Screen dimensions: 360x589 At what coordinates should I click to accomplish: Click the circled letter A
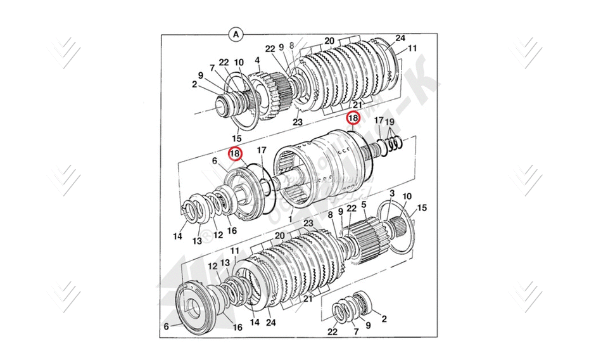[x=236, y=34]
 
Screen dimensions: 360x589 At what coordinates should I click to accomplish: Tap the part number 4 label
[x=258, y=61]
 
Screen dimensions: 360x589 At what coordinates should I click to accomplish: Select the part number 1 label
[x=290, y=219]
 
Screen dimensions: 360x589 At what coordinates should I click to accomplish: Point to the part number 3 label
[x=392, y=193]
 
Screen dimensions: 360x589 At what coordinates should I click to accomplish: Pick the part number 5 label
[x=364, y=205]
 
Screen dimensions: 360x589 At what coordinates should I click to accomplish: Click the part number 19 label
[x=390, y=122]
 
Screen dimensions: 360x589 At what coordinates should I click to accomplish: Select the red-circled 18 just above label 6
[x=235, y=153]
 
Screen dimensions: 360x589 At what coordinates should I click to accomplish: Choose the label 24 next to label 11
[x=400, y=38]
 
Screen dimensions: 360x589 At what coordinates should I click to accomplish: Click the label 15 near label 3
[x=422, y=207]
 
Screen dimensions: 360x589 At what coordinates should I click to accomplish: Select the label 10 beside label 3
[x=407, y=197]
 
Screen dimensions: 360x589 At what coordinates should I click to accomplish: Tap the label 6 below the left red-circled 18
[x=215, y=162]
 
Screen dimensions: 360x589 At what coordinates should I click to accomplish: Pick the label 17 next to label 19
[x=378, y=120]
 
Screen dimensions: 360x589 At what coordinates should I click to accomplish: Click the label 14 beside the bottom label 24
[x=255, y=322]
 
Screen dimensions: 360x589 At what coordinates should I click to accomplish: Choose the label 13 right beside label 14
[x=197, y=241]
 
